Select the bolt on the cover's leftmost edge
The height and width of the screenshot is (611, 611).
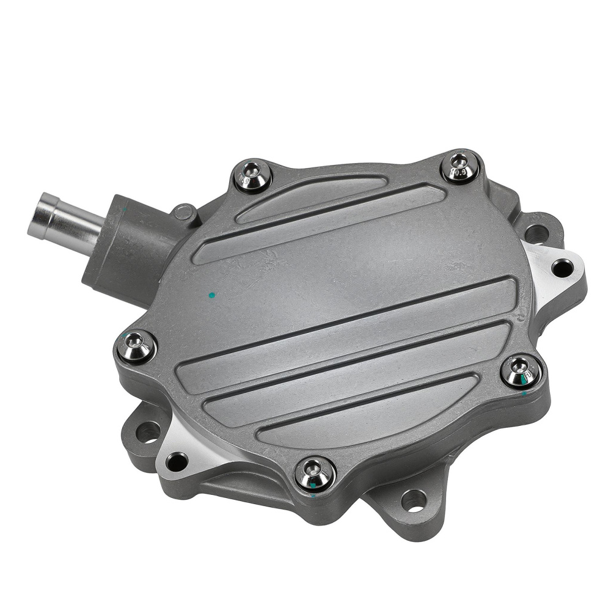[136, 347]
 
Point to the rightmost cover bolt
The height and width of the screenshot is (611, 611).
[521, 370]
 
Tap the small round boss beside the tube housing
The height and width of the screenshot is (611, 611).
[185, 213]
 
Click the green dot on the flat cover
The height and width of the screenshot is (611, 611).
[211, 295]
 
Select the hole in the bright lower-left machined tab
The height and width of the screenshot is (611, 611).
[177, 461]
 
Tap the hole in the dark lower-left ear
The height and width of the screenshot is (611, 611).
[147, 432]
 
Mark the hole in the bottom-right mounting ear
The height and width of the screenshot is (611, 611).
[413, 500]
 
